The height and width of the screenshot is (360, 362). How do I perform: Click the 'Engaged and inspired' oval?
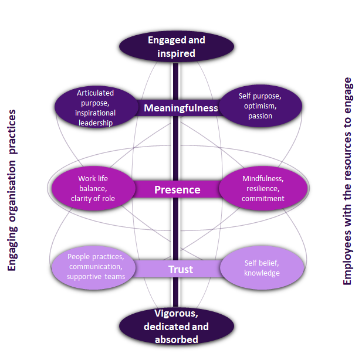177,47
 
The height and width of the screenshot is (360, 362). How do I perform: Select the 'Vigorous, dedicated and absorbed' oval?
177,325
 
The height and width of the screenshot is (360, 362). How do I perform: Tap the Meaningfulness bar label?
181,108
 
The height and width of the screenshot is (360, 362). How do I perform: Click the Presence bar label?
177,189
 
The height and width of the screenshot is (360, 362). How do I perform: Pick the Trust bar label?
181,270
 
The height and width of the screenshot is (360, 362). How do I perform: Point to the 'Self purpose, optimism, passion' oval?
260,106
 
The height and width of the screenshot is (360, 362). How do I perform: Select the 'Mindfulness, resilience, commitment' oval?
263,188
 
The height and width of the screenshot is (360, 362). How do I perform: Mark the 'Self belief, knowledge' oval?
263,268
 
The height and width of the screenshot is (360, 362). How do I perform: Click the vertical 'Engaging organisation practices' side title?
12,189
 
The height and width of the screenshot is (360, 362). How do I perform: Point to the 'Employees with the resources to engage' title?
347,181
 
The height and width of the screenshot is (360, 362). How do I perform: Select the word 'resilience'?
263,188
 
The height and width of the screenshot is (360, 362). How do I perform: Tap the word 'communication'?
96,266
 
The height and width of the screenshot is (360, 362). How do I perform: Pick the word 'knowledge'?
262,273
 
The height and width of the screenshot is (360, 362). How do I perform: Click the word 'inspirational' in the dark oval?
96,113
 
